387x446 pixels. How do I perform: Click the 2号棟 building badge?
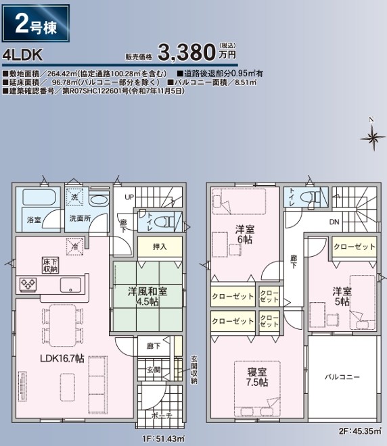(36, 24)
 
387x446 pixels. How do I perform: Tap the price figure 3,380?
(186, 52)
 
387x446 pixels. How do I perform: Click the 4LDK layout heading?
(22, 55)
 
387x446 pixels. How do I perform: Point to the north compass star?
(373, 139)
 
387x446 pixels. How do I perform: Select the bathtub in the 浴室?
(41, 197)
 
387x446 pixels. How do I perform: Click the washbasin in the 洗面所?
(99, 199)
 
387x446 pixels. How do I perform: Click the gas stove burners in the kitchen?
(28, 284)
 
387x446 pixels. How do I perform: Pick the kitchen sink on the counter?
(70, 285)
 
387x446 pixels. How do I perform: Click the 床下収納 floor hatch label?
(50, 265)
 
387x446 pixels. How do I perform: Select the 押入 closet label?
(160, 247)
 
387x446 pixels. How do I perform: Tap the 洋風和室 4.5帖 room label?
(147, 296)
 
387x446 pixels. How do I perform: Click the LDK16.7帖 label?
(62, 358)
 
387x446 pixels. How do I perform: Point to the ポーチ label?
(162, 416)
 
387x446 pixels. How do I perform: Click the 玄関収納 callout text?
(193, 370)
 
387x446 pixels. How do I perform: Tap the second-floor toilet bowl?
(308, 197)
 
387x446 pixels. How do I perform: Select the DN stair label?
(334, 222)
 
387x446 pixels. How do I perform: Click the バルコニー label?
(342, 377)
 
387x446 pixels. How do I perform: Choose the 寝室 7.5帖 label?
(257, 377)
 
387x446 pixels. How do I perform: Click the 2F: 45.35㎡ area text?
(360, 431)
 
